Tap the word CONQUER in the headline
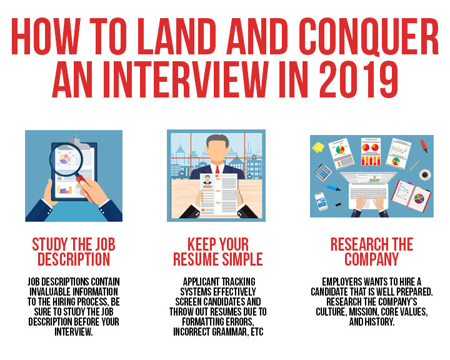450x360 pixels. tap(368, 36)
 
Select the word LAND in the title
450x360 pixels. tap(176, 36)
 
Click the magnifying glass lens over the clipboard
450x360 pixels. tap(66, 159)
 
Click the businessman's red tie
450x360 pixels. tap(217, 169)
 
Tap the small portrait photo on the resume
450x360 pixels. tap(207, 180)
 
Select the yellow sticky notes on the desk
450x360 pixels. tap(318, 147)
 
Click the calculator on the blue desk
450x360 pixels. tap(322, 172)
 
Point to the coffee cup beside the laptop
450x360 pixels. tap(425, 174)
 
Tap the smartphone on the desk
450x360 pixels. tap(321, 201)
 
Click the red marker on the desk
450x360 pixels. tap(424, 146)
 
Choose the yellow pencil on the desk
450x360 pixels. tap(415, 165)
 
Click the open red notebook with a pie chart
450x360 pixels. tap(411, 196)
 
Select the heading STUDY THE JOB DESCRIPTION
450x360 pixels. tap(74, 252)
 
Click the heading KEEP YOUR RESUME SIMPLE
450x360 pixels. tap(218, 252)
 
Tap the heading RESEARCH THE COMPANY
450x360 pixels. tap(372, 252)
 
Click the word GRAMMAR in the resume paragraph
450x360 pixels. tap(229, 332)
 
